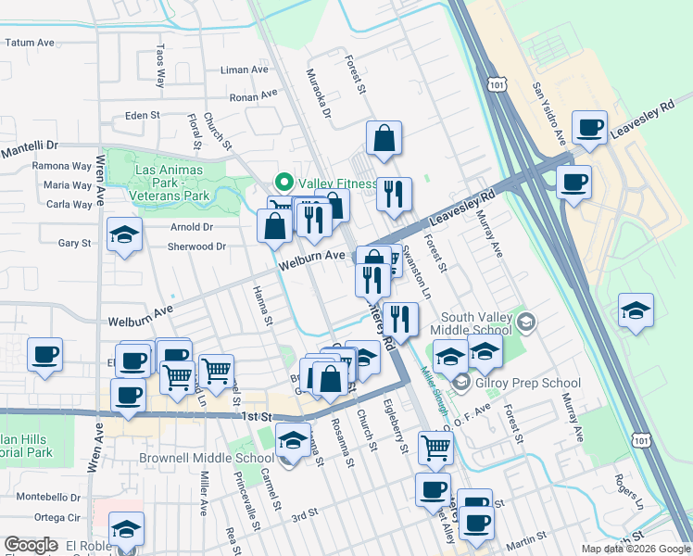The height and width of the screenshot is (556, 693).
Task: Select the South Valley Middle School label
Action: click(x=476, y=323)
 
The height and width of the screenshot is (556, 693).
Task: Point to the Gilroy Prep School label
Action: click(x=528, y=383)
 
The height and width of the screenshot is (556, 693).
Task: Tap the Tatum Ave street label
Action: click(x=31, y=43)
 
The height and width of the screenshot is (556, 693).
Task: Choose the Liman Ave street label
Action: click(x=245, y=69)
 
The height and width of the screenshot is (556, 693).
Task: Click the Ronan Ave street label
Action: click(x=253, y=95)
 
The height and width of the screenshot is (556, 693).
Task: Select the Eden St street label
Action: click(x=143, y=116)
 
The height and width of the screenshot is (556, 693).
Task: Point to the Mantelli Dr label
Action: click(x=29, y=147)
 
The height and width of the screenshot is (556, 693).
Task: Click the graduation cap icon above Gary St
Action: click(x=123, y=235)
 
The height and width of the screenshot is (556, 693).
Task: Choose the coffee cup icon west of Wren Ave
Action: click(x=44, y=355)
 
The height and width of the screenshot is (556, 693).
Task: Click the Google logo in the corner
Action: click(x=31, y=545)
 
